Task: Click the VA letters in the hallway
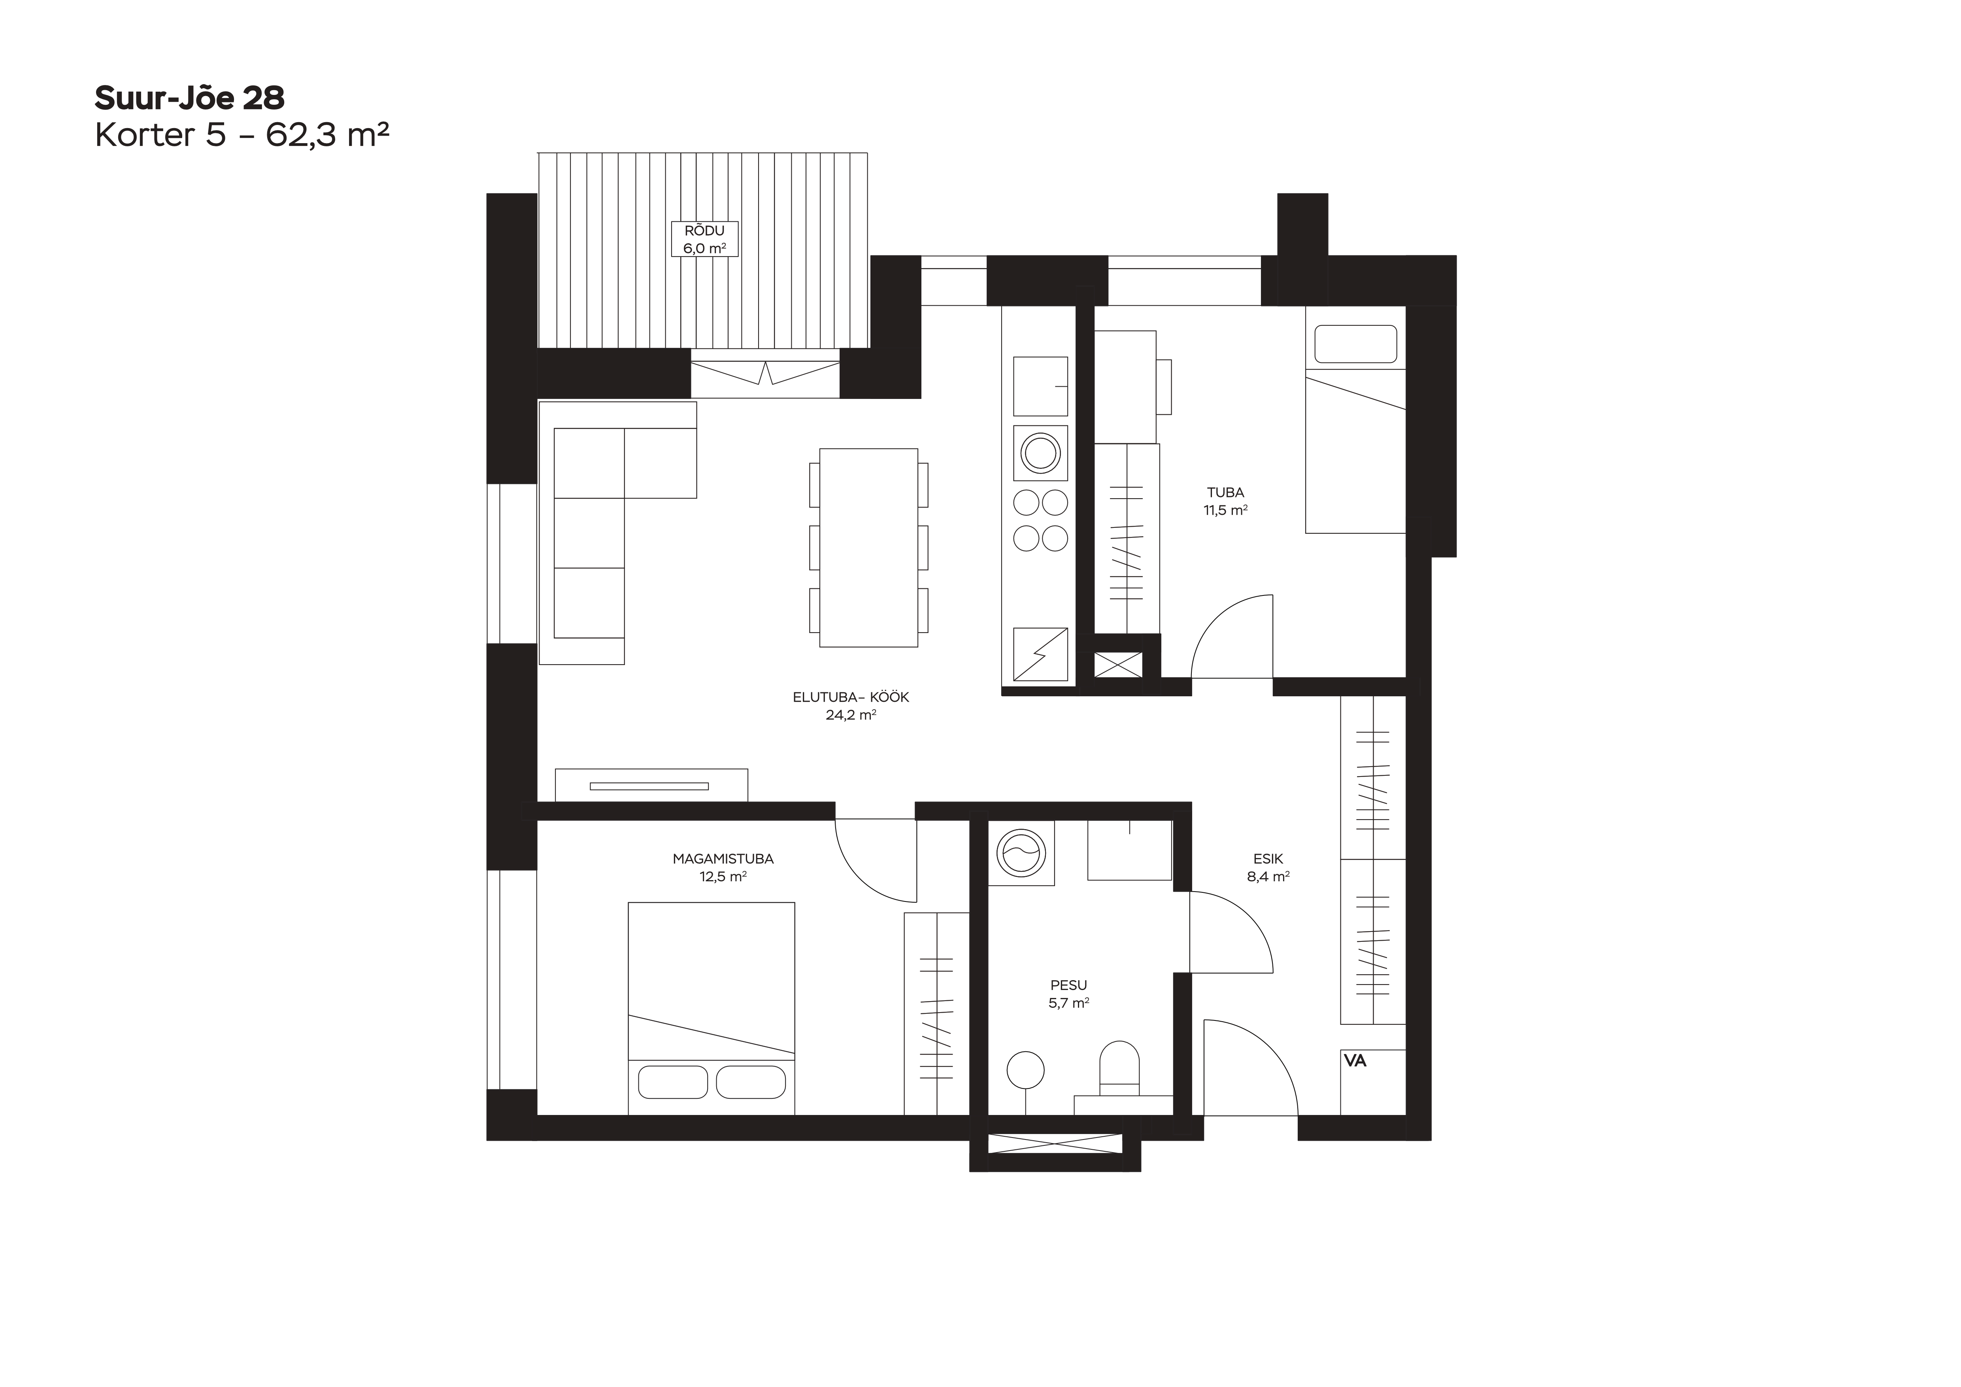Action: coord(1355,1061)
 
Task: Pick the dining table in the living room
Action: coord(868,548)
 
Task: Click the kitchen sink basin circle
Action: coord(1040,453)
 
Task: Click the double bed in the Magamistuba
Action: coord(712,1008)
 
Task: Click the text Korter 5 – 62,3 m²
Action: coord(243,135)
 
